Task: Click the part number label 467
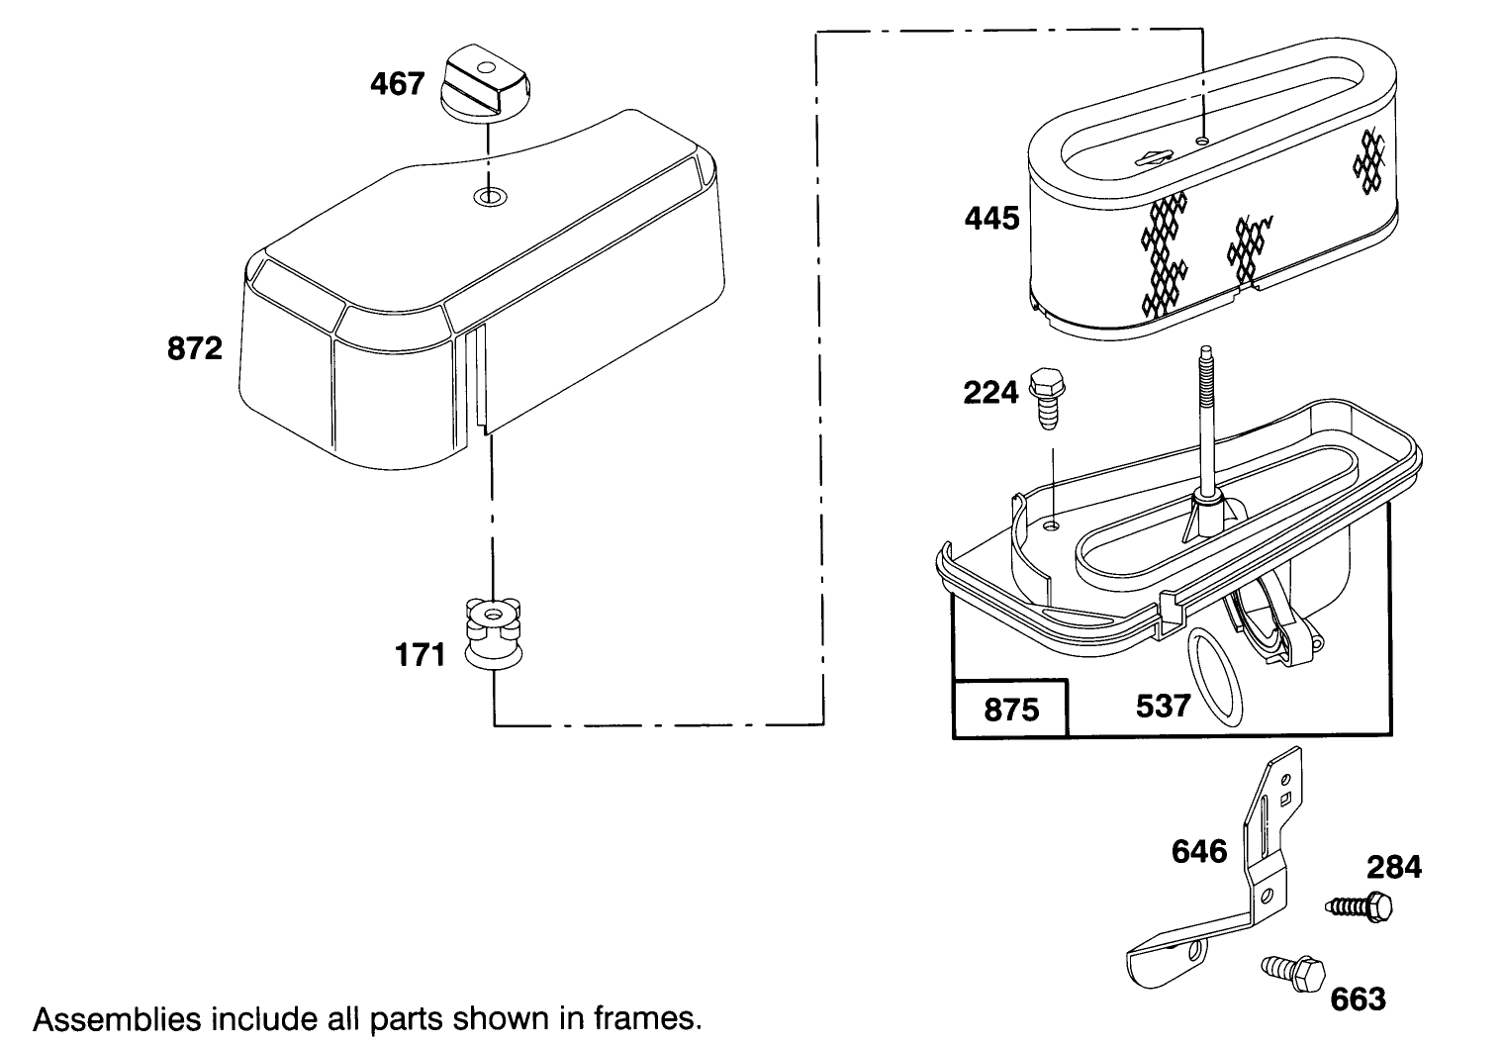(397, 83)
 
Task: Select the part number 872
(194, 348)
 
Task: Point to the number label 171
(421, 655)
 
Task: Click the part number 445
(991, 217)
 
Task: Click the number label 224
(990, 393)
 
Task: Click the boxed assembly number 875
(1011, 710)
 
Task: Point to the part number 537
(1163, 706)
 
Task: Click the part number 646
(1199, 851)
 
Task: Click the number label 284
(1394, 867)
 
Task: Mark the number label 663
(1358, 999)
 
